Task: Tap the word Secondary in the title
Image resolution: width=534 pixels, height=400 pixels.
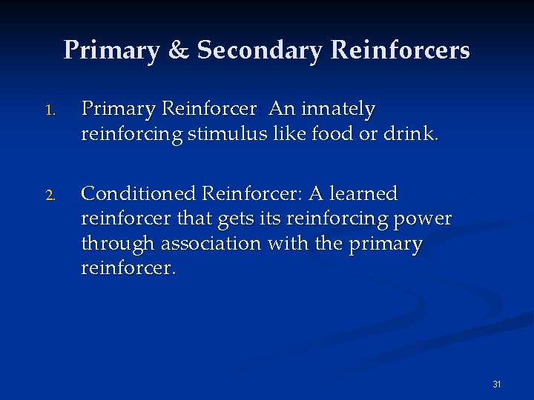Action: tap(260, 50)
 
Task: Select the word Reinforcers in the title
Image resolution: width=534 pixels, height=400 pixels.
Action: tap(400, 50)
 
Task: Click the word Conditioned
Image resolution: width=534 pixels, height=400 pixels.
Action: tap(139, 194)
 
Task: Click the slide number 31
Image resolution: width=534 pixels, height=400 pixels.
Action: tap(497, 384)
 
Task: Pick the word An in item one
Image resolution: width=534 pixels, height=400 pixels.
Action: tap(281, 110)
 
